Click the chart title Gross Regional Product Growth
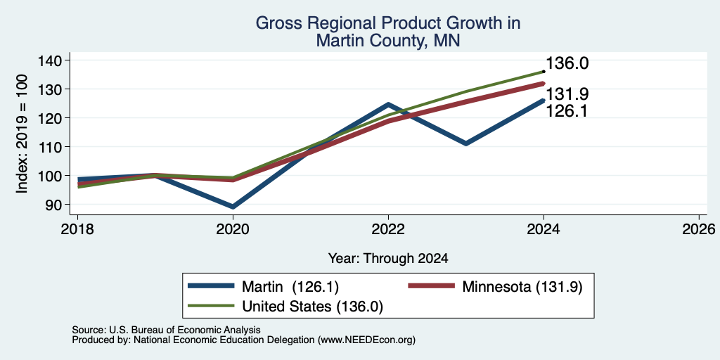pos(387,23)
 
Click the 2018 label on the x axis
pos(77,229)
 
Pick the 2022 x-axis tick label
pos(388,229)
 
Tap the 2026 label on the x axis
pos(699,229)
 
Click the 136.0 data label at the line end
pos(567,64)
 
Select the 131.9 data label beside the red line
pos(567,94)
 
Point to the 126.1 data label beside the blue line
pos(567,111)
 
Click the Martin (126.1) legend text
pos(290,287)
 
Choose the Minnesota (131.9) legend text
pos(522,287)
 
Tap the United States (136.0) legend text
pos(313,307)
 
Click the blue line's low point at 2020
pos(233,207)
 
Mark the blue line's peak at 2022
pos(388,104)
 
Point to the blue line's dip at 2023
pos(466,143)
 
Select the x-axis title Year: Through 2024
pos(388,259)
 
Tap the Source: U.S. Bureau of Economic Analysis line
pos(166,330)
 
